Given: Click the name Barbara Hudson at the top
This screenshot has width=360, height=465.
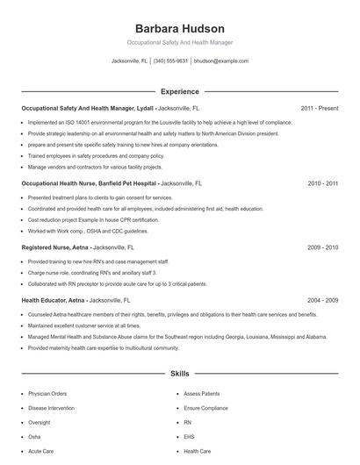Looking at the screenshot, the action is coord(180,28).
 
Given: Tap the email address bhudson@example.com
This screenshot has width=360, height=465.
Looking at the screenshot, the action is coord(220,61).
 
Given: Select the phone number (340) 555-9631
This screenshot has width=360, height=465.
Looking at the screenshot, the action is coord(170,61).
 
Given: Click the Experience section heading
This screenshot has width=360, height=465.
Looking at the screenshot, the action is coord(180,91).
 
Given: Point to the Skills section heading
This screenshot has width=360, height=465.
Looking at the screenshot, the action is coord(180,374).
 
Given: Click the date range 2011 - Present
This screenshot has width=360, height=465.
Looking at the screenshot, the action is coord(319,108).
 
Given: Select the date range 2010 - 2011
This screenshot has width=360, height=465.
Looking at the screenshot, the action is coord(322,184).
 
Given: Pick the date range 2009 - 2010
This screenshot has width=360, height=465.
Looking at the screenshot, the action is coord(322,247).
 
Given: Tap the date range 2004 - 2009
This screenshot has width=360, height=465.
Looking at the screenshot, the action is coord(322,299).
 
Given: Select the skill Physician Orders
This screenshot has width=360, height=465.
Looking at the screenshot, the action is coord(48,394).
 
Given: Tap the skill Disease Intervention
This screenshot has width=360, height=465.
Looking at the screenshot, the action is coord(52,408).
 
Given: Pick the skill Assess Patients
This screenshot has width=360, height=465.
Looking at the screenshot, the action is coord(202,394).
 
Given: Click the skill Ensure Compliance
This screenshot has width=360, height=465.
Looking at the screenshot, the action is coord(205,408).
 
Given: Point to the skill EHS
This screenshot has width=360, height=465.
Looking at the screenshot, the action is coord(189,436).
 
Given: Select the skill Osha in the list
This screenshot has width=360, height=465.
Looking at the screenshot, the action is coord(34,436).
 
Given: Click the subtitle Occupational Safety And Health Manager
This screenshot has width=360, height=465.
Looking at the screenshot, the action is coord(180,42).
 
